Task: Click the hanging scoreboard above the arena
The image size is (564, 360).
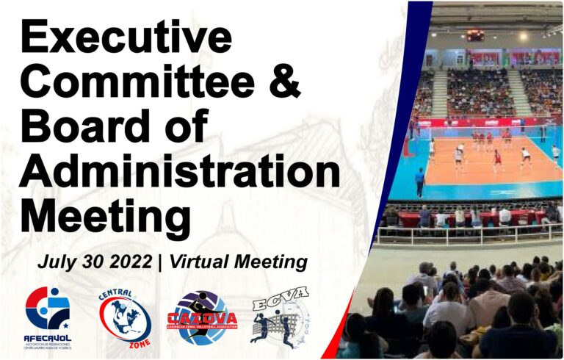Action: pyautogui.click(x=475, y=35)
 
